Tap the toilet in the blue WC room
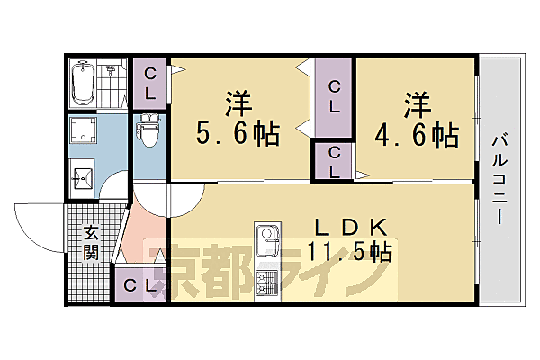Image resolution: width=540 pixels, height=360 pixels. coord(148,133)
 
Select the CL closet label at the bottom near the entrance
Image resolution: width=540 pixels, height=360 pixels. coord(138,287)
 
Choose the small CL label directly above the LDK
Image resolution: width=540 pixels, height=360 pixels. coord(334,161)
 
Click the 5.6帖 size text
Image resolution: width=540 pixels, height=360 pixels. coord(238,135)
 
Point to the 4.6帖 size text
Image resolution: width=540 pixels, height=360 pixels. coord(418,136)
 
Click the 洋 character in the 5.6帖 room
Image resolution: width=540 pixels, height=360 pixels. coord(236,101)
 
